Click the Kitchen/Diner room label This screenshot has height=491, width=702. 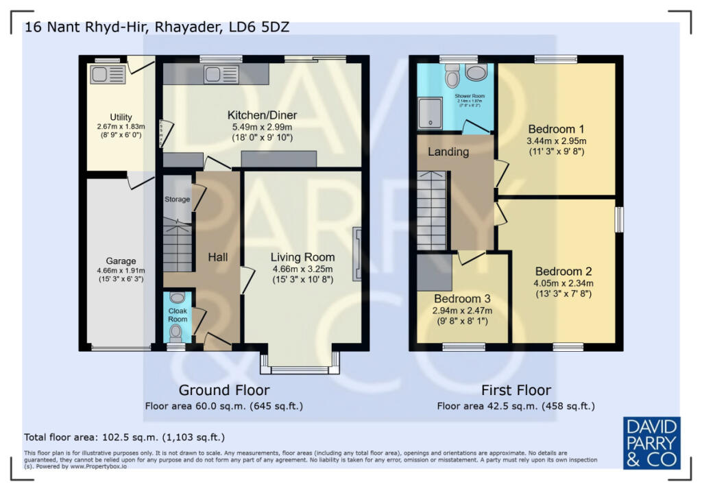coord(263,115)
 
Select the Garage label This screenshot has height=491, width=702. coord(121,261)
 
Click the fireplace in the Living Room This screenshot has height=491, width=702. coord(356,254)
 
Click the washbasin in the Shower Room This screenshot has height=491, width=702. coord(475,72)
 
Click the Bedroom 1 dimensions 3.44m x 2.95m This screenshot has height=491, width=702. coord(556,141)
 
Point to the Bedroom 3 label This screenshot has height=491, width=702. coord(462,299)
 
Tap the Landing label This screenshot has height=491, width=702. coord(449,152)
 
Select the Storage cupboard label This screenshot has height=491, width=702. coord(177,199)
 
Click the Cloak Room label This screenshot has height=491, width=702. coord(178,315)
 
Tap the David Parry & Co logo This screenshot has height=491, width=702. coord(651,442)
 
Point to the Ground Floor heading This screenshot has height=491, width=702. coord(223,390)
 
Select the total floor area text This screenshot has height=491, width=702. coord(124,437)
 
